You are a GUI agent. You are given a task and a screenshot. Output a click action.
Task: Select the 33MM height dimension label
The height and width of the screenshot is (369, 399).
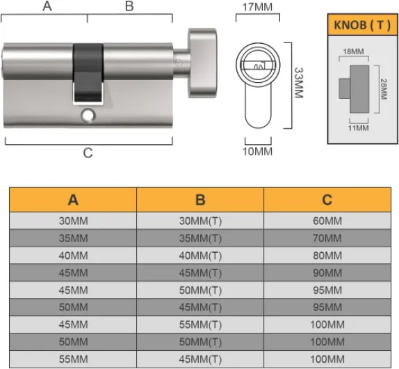click(298, 83)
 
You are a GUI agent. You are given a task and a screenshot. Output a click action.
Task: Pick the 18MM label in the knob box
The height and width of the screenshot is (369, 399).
click(354, 51)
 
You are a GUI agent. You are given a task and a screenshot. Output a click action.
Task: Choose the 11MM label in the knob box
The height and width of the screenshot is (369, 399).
click(358, 127)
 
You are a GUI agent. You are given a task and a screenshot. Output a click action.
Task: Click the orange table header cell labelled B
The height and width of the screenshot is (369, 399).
click(200, 200)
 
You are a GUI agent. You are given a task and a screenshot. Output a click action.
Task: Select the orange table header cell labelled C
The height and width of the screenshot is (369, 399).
click(327, 200)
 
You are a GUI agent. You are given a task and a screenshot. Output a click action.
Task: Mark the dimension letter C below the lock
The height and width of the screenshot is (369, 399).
click(88, 153)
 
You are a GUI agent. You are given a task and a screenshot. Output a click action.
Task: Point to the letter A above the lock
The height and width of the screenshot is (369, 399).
click(47, 6)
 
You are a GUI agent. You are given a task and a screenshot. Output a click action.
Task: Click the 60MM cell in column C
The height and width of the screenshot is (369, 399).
click(327, 221)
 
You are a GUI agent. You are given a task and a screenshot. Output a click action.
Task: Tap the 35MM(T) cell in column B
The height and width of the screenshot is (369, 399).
click(200, 238)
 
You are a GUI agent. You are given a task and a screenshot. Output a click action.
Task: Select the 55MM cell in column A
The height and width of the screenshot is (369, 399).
click(73, 359)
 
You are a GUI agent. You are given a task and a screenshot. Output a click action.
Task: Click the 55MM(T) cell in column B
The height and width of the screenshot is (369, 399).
click(200, 324)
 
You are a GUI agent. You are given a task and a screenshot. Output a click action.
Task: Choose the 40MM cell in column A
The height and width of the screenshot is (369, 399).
click(73, 256)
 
